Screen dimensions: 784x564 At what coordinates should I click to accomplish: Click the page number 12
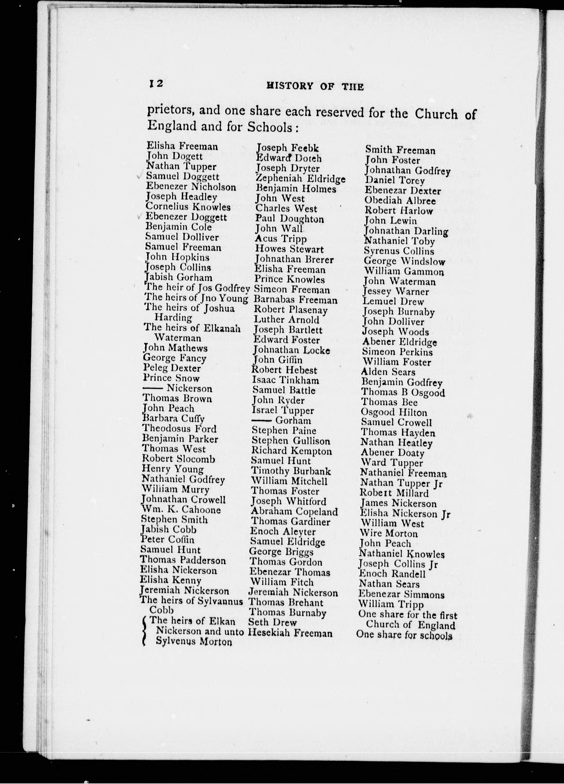[155, 84]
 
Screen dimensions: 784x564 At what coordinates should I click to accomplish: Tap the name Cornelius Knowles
[188, 207]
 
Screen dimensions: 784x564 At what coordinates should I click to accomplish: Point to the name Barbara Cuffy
[173, 419]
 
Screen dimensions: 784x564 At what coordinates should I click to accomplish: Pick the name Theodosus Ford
[179, 429]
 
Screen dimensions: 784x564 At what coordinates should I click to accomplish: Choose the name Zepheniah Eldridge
[300, 179]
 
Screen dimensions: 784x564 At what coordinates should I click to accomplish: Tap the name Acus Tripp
[281, 239]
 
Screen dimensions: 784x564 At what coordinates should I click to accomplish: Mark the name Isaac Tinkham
[285, 380]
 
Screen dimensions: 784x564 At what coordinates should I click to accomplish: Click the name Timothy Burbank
[291, 471]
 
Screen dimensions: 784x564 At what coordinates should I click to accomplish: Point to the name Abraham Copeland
[294, 511]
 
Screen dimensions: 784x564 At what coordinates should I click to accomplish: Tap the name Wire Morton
[389, 533]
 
